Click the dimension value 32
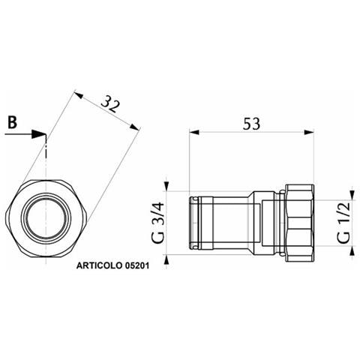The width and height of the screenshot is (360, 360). click(110, 104)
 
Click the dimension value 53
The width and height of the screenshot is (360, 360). click(251, 124)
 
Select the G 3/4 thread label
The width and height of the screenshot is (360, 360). click(158, 223)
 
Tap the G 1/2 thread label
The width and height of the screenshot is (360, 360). click(343, 223)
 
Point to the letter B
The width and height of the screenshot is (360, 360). click(13, 122)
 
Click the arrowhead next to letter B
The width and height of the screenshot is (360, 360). click(38, 134)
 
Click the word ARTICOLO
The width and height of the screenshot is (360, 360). click(99, 265)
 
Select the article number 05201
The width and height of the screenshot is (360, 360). click(136, 265)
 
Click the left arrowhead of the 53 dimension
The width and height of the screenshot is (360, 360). click(194, 132)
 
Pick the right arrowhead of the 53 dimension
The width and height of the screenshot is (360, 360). click(309, 132)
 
